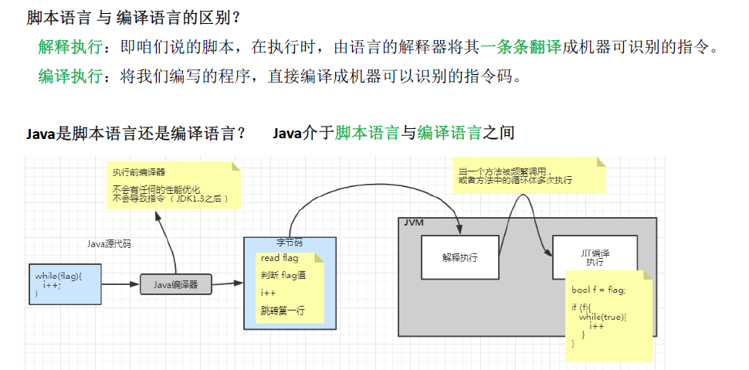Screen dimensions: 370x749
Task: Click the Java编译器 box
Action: (x=175, y=284)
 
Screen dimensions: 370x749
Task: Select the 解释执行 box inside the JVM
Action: (x=459, y=257)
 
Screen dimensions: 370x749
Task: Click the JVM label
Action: (x=414, y=222)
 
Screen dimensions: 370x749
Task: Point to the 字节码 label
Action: (x=290, y=242)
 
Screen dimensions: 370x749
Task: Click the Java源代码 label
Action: (x=109, y=244)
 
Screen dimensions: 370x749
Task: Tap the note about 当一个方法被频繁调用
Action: (x=525, y=176)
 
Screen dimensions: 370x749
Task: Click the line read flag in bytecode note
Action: (x=279, y=258)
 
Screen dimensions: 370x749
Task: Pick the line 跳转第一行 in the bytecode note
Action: (x=283, y=311)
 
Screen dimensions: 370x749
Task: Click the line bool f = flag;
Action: (x=598, y=290)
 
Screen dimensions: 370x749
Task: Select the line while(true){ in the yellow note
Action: (x=603, y=317)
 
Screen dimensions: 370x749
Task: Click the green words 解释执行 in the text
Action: (x=69, y=47)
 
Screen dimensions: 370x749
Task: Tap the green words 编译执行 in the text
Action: (x=69, y=76)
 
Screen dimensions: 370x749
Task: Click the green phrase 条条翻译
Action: (x=530, y=47)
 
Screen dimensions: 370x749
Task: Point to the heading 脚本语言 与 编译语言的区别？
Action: (x=134, y=16)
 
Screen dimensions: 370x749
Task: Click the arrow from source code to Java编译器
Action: (x=120, y=284)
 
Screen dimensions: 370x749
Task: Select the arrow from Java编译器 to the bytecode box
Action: (x=227, y=284)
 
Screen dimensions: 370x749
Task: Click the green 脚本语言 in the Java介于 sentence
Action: (x=367, y=133)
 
